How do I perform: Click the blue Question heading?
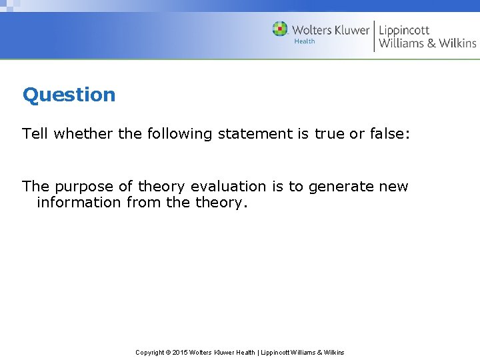[69, 95]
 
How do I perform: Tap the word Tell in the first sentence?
[35, 134]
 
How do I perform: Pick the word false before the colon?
[388, 134]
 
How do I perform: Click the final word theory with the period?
[221, 203]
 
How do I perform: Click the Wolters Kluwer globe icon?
[280, 29]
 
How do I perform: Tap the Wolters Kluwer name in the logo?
[330, 30]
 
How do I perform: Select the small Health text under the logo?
[304, 41]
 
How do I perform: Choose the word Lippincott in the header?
[405, 30]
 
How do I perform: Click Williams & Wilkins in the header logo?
[427, 43]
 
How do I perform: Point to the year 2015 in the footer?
[180, 352]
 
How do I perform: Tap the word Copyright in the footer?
[150, 352]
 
